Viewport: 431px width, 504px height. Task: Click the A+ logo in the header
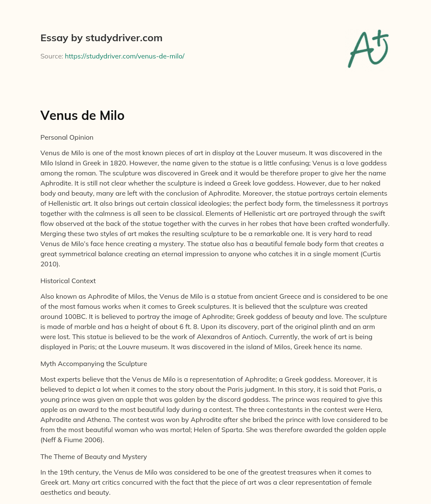click(x=368, y=48)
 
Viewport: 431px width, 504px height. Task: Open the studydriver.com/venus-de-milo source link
click(x=125, y=56)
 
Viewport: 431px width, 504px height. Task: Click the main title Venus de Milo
click(x=82, y=115)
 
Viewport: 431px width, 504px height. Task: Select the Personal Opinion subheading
click(x=67, y=137)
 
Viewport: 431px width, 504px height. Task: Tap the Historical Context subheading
click(x=68, y=281)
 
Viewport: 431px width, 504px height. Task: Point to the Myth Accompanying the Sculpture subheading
click(x=93, y=363)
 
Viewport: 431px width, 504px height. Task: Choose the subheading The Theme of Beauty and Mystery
click(x=93, y=456)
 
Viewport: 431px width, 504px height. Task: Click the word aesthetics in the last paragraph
click(x=59, y=492)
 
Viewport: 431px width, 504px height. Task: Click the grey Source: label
click(x=51, y=56)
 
